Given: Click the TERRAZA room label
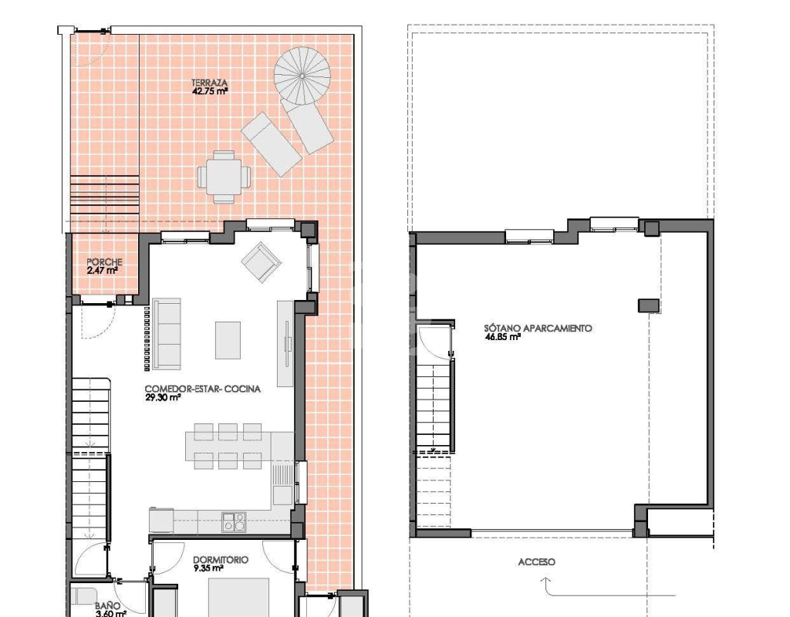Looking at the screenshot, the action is pyautogui.click(x=209, y=83).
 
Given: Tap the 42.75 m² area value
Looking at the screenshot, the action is pyautogui.click(x=210, y=91).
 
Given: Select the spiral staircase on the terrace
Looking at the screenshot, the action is pyautogui.click(x=302, y=76).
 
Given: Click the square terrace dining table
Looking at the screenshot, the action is pyautogui.click(x=225, y=177).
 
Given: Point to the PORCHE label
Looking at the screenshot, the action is pyautogui.click(x=104, y=262).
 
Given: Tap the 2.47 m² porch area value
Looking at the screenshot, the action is pyautogui.click(x=103, y=271).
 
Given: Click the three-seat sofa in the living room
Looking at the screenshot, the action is pyautogui.click(x=167, y=333).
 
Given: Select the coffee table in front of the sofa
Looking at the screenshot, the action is pyautogui.click(x=228, y=340).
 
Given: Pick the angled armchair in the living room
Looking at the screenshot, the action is pyautogui.click(x=261, y=262).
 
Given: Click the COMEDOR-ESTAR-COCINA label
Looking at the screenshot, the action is pyautogui.click(x=203, y=389).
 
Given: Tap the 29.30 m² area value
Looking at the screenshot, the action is pyautogui.click(x=163, y=397).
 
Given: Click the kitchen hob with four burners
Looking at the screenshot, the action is pyautogui.click(x=235, y=522).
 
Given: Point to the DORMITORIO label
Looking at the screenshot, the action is pyautogui.click(x=221, y=560).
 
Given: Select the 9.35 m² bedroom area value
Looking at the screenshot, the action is pyautogui.click(x=208, y=568).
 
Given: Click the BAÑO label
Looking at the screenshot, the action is pyautogui.click(x=107, y=606).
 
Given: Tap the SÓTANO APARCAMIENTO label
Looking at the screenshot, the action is pyautogui.click(x=538, y=329).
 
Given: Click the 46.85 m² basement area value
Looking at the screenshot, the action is pyautogui.click(x=503, y=338).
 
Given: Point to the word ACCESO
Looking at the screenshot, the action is pyautogui.click(x=537, y=562).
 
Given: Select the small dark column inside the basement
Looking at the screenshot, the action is pyautogui.click(x=648, y=305).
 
